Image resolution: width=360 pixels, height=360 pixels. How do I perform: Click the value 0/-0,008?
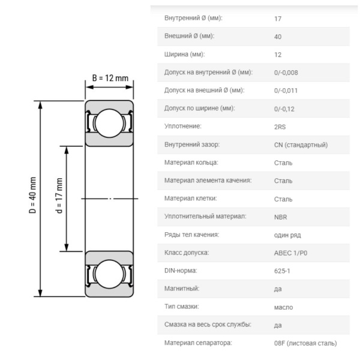click(x=286, y=73)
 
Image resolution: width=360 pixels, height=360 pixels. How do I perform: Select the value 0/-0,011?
click(x=286, y=91)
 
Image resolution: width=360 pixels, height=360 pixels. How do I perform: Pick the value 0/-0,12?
click(x=284, y=109)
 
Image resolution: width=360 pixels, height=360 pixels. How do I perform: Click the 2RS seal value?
click(x=279, y=127)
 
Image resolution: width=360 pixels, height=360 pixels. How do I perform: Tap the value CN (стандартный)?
click(x=301, y=145)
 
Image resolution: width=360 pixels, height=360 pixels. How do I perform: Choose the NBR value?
click(x=280, y=217)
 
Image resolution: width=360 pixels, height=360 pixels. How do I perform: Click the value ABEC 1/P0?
click(x=290, y=253)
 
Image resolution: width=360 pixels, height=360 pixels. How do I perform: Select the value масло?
click(x=283, y=307)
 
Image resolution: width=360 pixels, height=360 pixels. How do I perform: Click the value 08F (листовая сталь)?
click(x=305, y=343)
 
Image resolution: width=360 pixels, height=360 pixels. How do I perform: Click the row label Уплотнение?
click(x=182, y=127)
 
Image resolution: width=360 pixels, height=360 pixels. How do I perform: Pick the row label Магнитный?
click(x=182, y=289)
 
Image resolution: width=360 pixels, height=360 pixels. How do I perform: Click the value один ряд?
click(x=286, y=235)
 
